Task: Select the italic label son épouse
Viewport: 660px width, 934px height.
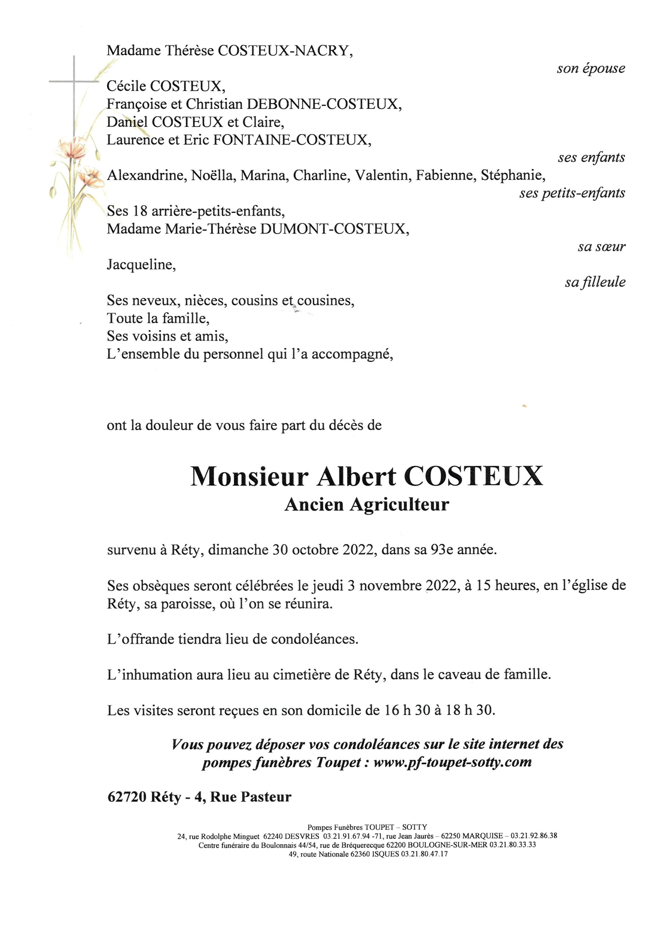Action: tap(591, 68)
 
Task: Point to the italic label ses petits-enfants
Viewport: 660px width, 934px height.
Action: tap(572, 193)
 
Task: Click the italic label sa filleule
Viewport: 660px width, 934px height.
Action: tap(595, 282)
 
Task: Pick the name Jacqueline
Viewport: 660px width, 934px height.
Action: tap(141, 265)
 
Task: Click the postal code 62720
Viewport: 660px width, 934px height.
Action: tap(127, 797)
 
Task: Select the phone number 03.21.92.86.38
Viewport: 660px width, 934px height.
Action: tap(534, 836)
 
